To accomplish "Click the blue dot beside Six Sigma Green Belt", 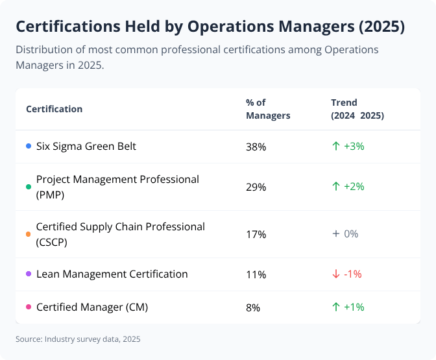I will tap(29, 147).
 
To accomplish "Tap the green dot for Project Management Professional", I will tap(29, 187).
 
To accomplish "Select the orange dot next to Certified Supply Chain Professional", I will tap(29, 234).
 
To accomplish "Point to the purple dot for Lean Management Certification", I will tap(29, 274).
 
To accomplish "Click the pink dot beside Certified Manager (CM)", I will tap(29, 307).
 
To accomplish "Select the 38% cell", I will tap(256, 147).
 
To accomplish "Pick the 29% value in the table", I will tap(256, 187).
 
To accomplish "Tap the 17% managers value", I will tap(256, 234).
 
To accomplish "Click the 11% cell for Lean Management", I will tap(256, 274).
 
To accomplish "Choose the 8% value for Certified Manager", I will tap(253, 307).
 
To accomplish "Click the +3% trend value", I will tap(354, 147).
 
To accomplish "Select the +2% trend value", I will tap(354, 187).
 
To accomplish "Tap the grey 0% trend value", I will tap(351, 234).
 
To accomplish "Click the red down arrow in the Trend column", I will tap(335, 274).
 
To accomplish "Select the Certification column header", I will tap(54, 109).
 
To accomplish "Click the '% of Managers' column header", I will tap(267, 109).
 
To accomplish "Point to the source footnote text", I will tap(78, 339).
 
